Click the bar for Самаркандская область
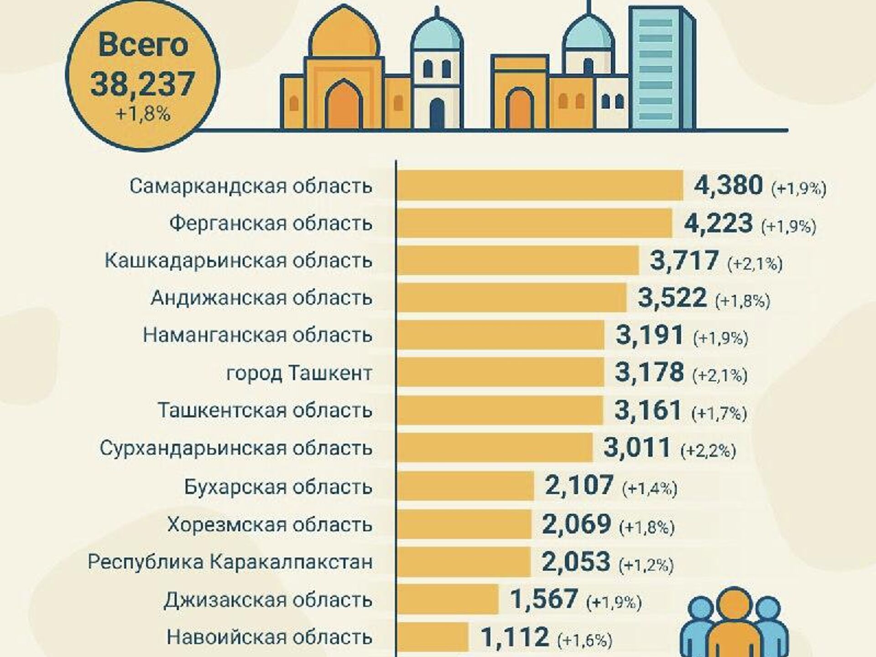540,186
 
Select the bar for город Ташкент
501,372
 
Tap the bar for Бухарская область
465,486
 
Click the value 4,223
719,223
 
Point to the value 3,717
684,261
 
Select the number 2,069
576,524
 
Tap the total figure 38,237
143,84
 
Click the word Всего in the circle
143,45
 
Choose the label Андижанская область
261,298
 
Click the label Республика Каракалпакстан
230,562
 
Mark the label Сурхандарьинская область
236,448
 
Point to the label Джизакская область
268,600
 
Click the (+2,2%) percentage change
708,450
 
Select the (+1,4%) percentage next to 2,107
650,489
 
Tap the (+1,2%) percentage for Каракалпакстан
646,565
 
